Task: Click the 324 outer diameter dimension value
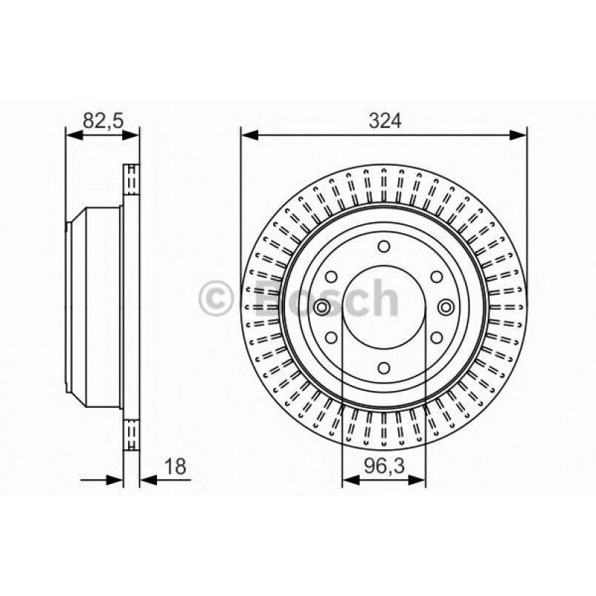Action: pos(384,121)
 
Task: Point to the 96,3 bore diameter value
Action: pos(384,466)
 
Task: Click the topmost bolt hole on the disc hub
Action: pos(384,248)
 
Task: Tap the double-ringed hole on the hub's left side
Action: pos(324,308)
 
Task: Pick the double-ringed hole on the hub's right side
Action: pos(444,308)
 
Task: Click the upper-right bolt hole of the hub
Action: pos(435,278)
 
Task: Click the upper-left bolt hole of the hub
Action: pos(332,278)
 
